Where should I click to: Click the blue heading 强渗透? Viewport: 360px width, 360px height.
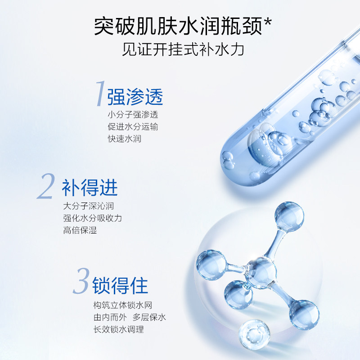click(x=135, y=96)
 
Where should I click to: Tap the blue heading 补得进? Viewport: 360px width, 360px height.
click(x=90, y=187)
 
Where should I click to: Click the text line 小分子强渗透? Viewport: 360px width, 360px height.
click(x=133, y=115)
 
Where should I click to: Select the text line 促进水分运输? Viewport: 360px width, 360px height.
click(x=133, y=126)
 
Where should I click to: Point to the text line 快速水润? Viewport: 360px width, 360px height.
click(x=124, y=139)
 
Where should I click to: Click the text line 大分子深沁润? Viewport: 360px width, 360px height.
click(x=88, y=207)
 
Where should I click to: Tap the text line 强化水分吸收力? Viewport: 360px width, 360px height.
click(x=93, y=218)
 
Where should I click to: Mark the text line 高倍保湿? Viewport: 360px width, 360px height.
click(x=80, y=230)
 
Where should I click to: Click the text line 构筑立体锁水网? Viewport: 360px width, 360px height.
click(x=119, y=305)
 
